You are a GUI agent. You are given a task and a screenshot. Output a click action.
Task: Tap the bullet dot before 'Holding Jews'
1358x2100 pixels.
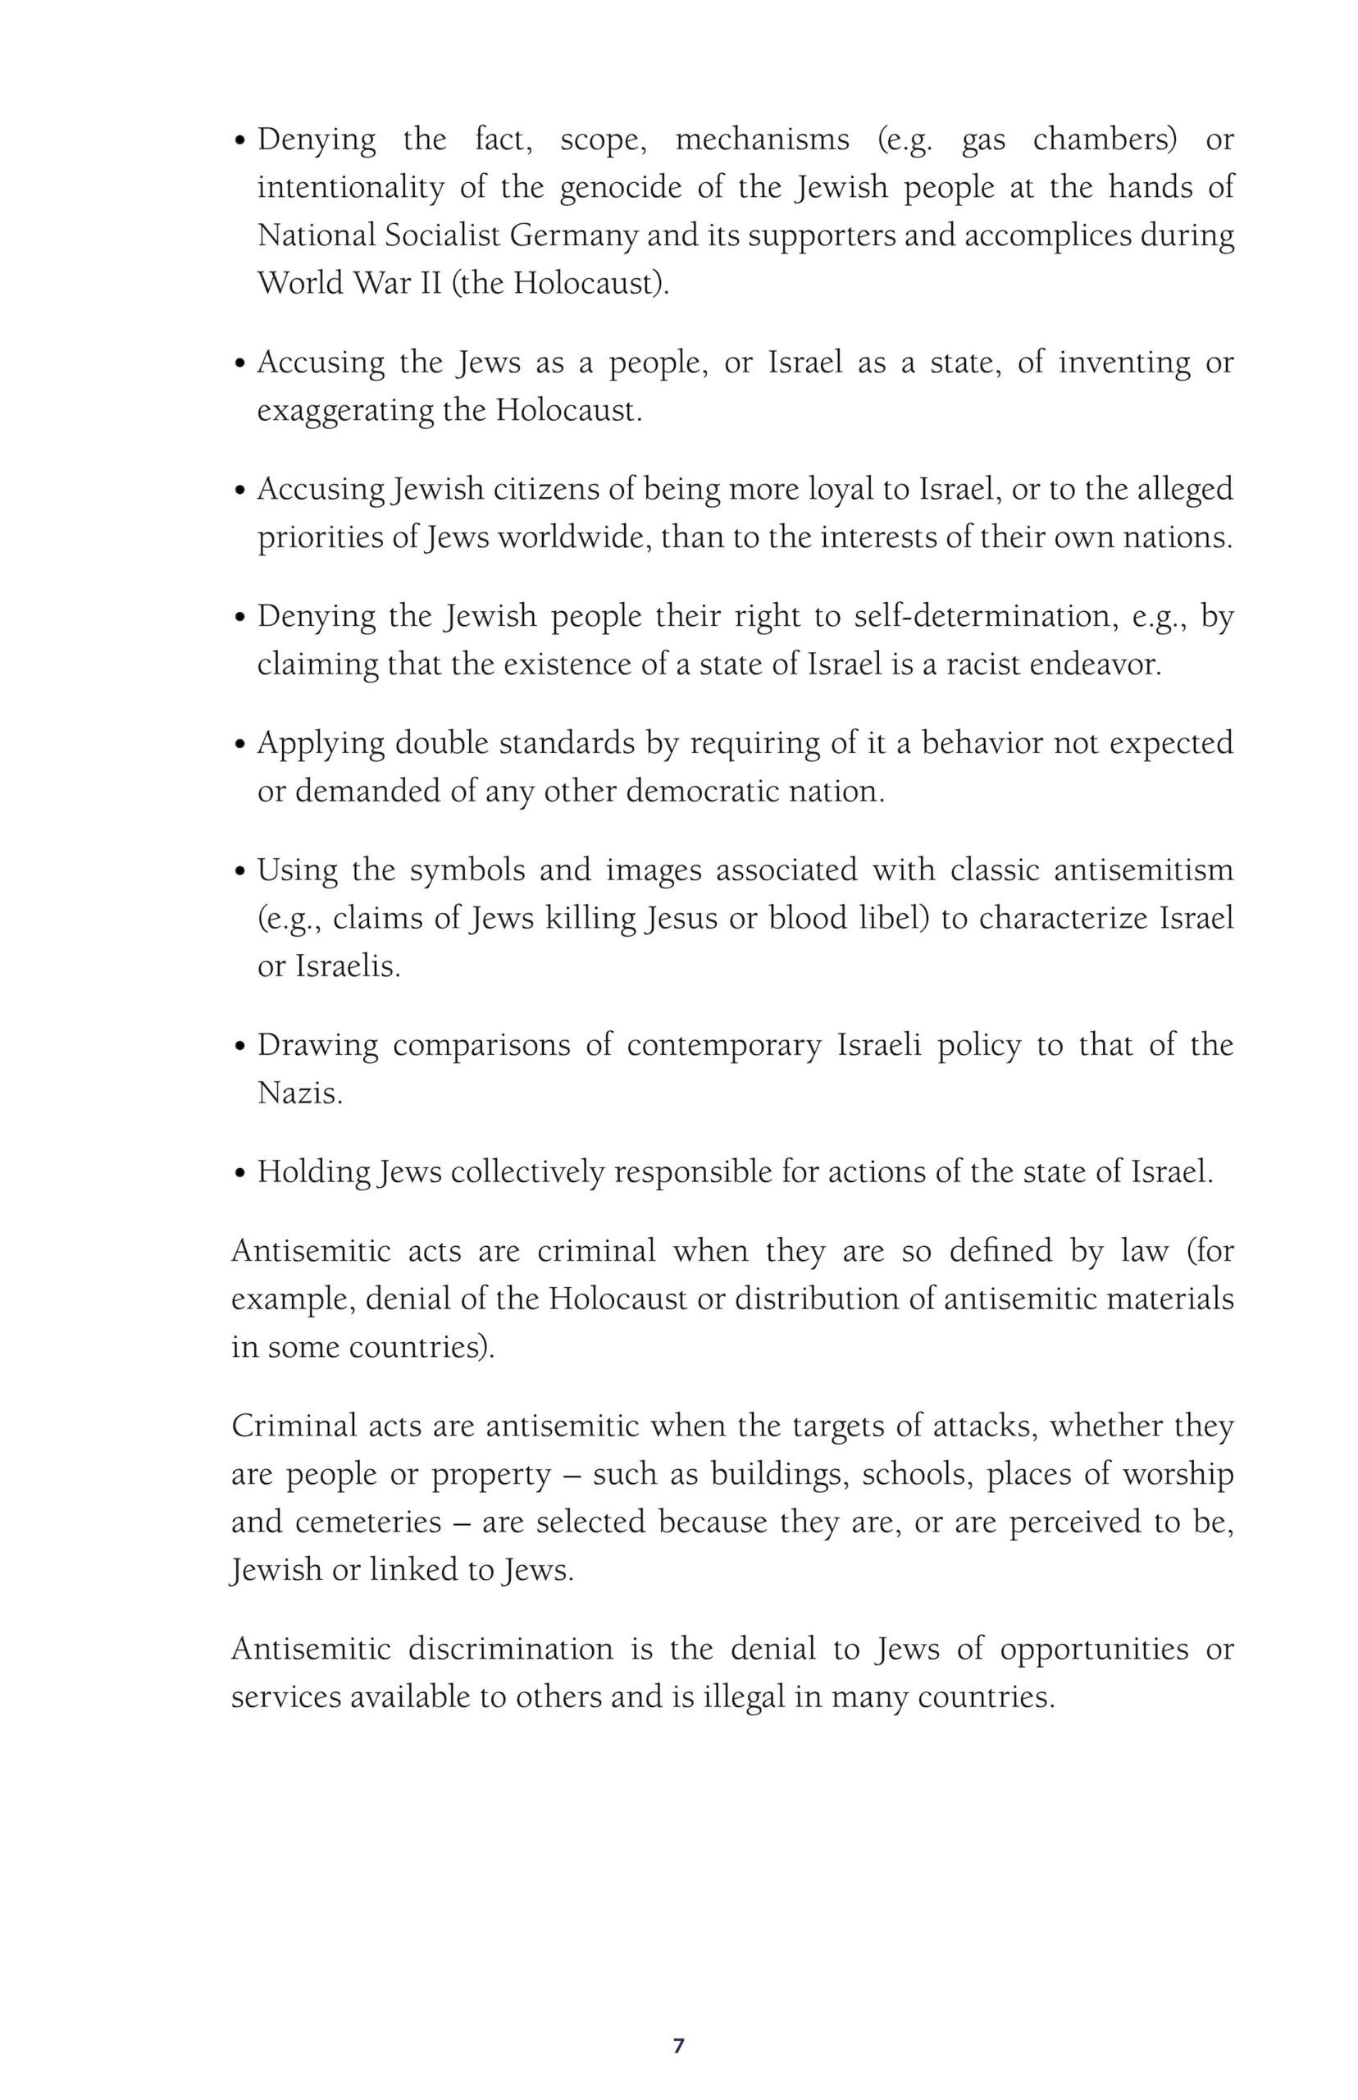tap(241, 1174)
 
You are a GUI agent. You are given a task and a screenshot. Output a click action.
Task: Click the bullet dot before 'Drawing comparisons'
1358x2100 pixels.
tap(241, 1047)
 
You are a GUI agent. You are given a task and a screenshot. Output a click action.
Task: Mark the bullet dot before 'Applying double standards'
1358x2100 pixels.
tap(241, 746)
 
